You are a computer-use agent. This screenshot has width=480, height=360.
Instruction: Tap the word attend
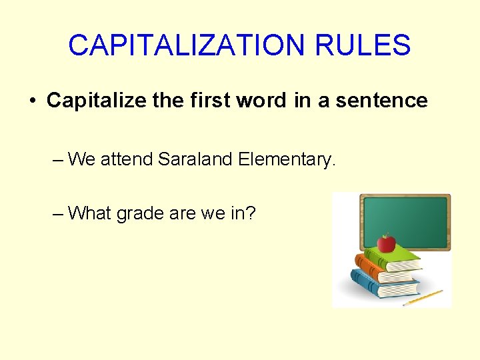tap(127, 159)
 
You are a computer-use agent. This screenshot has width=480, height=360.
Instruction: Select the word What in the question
tap(90, 213)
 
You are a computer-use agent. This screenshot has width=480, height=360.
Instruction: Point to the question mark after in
tap(251, 213)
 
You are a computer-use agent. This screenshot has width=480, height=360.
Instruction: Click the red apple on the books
tap(386, 242)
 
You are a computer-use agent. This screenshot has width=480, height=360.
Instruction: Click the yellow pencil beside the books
tap(423, 297)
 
